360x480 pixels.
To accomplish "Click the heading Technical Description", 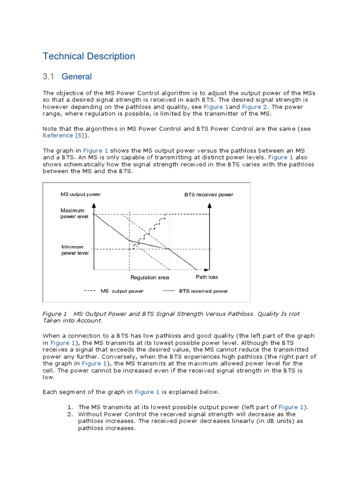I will [x=89, y=56].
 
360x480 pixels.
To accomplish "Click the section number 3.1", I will [x=49, y=76].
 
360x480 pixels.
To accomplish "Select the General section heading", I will [x=76, y=76].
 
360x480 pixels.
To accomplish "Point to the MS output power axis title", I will [x=81, y=194].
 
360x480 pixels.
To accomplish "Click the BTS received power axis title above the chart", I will [x=209, y=195].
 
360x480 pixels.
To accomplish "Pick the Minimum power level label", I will [x=75, y=250].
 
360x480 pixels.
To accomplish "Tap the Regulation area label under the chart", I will [x=150, y=277].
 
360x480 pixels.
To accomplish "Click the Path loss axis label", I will [x=207, y=277].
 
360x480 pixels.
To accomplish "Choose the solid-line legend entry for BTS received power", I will [x=195, y=291].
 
